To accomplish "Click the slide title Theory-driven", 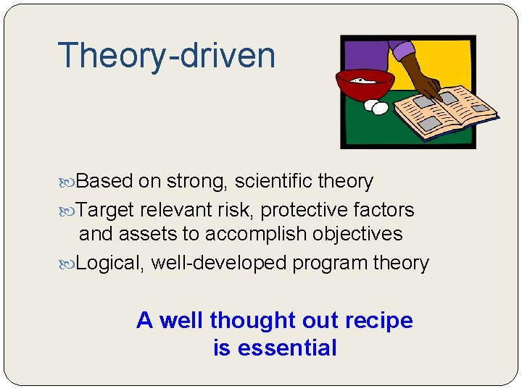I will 166,56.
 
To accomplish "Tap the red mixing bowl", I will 363,85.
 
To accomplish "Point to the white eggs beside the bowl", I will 376,107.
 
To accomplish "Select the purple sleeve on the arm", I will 402,51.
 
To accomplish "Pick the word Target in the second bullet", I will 105,210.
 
